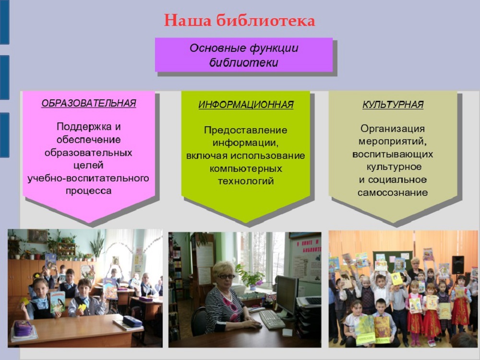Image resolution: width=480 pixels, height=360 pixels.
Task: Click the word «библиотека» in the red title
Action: tap(265, 21)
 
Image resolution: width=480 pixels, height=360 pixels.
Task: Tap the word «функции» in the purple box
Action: tap(274, 48)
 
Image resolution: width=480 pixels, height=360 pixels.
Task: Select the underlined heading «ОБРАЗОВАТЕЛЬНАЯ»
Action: tap(88, 103)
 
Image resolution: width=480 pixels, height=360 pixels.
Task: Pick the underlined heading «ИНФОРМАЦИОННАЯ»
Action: tap(246, 105)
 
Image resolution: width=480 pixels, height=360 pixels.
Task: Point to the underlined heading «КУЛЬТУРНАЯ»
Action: tap(393, 104)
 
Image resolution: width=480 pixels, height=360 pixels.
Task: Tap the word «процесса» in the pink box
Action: tap(88, 191)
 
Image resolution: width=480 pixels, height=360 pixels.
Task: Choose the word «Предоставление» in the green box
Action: tap(245, 131)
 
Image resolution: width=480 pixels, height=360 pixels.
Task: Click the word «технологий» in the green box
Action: tap(245, 181)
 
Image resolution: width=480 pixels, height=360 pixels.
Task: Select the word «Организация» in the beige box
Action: tap(393, 129)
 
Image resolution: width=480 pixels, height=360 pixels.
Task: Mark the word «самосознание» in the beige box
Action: tap(393, 193)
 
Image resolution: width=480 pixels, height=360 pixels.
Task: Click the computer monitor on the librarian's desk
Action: tap(287, 296)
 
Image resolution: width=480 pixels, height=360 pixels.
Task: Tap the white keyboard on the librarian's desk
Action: tap(272, 319)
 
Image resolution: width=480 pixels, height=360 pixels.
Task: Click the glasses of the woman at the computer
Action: tap(226, 276)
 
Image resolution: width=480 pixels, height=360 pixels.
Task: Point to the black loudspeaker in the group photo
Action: tap(457, 265)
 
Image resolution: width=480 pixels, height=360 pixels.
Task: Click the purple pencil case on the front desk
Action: tap(23, 328)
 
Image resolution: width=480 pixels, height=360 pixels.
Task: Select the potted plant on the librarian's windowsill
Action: tap(250, 277)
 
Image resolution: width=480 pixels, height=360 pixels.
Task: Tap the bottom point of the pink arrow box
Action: tap(89, 223)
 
